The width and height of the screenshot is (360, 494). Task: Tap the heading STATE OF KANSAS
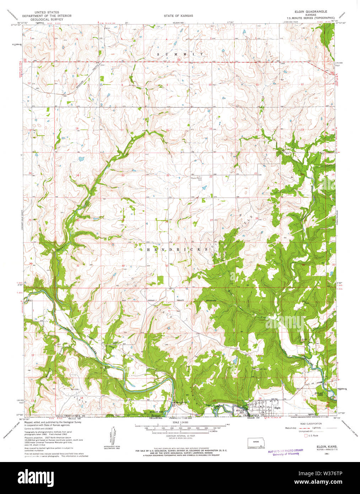178,16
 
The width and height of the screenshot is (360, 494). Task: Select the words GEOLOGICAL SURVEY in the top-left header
46,19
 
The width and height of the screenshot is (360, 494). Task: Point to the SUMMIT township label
181,54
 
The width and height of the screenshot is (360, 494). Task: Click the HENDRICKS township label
177,250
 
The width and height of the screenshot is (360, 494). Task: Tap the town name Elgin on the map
278,408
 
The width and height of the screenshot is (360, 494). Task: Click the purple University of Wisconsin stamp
286,452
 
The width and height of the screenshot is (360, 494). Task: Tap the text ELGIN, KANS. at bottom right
324,446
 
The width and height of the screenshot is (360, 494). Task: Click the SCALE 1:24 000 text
181,422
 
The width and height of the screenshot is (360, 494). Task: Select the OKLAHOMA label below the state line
155,418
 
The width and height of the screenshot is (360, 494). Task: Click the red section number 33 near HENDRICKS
166,265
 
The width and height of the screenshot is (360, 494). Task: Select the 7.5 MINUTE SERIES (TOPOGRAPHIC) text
308,17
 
